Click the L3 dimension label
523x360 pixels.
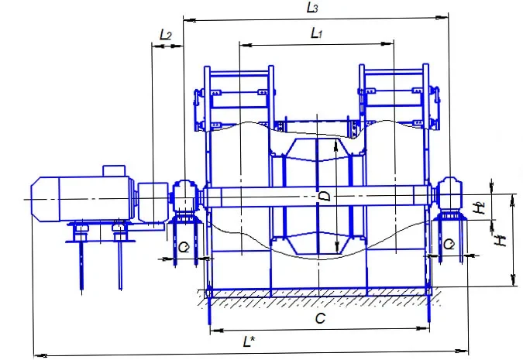point(312,7)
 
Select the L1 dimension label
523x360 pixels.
point(317,33)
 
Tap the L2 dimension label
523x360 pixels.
point(166,34)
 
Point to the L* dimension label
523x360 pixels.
point(249,341)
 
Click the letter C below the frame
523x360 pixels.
point(320,318)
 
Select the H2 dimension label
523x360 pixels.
point(480,207)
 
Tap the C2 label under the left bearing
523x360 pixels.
point(184,247)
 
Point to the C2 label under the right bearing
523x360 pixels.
point(449,245)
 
